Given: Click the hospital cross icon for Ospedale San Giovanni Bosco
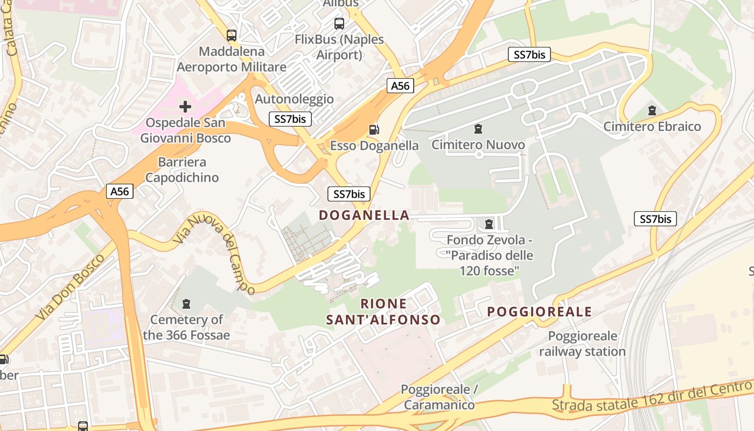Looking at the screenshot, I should [x=185, y=106].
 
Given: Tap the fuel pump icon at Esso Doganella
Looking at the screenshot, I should [x=373, y=129].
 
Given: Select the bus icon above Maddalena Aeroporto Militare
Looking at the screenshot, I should [x=232, y=36].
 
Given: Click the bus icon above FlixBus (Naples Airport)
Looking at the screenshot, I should [x=339, y=23].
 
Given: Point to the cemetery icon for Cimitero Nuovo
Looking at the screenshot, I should [x=478, y=129].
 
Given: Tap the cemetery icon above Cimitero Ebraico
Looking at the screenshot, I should [x=652, y=110].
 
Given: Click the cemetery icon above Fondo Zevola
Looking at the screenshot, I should [x=489, y=224].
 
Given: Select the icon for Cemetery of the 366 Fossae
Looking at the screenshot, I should [x=186, y=304].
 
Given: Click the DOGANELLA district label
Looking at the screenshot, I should [x=364, y=215].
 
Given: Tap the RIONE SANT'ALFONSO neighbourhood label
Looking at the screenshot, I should [x=383, y=312].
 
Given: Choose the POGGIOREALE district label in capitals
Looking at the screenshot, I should [x=540, y=312].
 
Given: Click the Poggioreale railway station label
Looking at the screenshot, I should [x=582, y=344].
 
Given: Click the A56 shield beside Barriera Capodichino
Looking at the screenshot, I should [x=120, y=191].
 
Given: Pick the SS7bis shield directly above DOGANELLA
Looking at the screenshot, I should [x=349, y=194].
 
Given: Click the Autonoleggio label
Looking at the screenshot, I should [x=294, y=99].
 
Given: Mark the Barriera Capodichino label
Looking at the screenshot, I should [x=182, y=170].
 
